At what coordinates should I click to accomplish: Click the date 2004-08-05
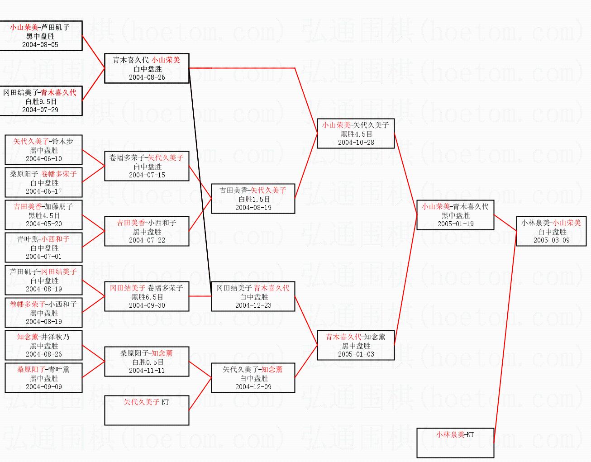point(40,45)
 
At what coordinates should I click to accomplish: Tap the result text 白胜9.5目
point(41,102)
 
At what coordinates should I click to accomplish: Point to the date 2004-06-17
point(44,191)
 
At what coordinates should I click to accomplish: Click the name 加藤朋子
point(58,207)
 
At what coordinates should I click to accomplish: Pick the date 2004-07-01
point(44,257)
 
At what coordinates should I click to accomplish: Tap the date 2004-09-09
point(44,387)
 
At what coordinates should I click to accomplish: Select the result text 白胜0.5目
point(148,362)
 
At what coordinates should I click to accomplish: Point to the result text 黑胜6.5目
point(147,297)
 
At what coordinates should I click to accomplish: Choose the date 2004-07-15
point(147,175)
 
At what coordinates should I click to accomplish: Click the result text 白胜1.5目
point(254,199)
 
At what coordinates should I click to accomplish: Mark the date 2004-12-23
point(253,305)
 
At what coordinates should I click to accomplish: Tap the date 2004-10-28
point(356,142)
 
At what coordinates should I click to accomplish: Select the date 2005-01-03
point(356,354)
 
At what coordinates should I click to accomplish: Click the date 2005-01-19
point(456,224)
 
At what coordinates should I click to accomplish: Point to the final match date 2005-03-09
point(551,240)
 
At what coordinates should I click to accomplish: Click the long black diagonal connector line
point(200,182)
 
